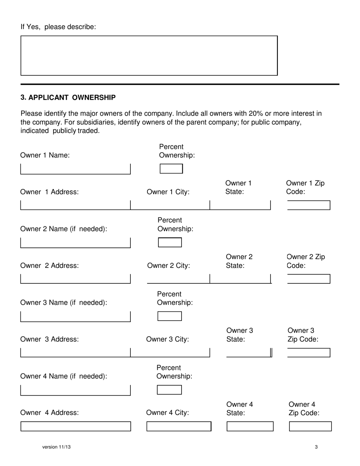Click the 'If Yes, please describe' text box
[x=149, y=56]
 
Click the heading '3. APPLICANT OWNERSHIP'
[x=68, y=97]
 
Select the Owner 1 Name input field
[x=75, y=169]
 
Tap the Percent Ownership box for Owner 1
[x=171, y=169]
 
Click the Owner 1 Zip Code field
[x=308, y=205]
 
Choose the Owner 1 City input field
[x=170, y=205]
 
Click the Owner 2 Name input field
[x=75, y=243]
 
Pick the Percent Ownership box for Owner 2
[x=170, y=242]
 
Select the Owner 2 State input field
[x=240, y=279]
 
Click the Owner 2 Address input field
[x=75, y=279]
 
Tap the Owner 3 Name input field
[x=75, y=317]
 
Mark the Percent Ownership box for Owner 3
[x=170, y=316]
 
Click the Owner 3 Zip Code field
[x=308, y=353]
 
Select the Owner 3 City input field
[x=170, y=352]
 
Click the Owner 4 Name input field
[x=75, y=390]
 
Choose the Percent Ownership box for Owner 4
[x=169, y=390]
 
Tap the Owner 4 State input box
[x=250, y=426]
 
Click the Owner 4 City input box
[x=179, y=426]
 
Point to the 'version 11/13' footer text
[x=56, y=447]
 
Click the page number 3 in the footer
[x=316, y=447]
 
